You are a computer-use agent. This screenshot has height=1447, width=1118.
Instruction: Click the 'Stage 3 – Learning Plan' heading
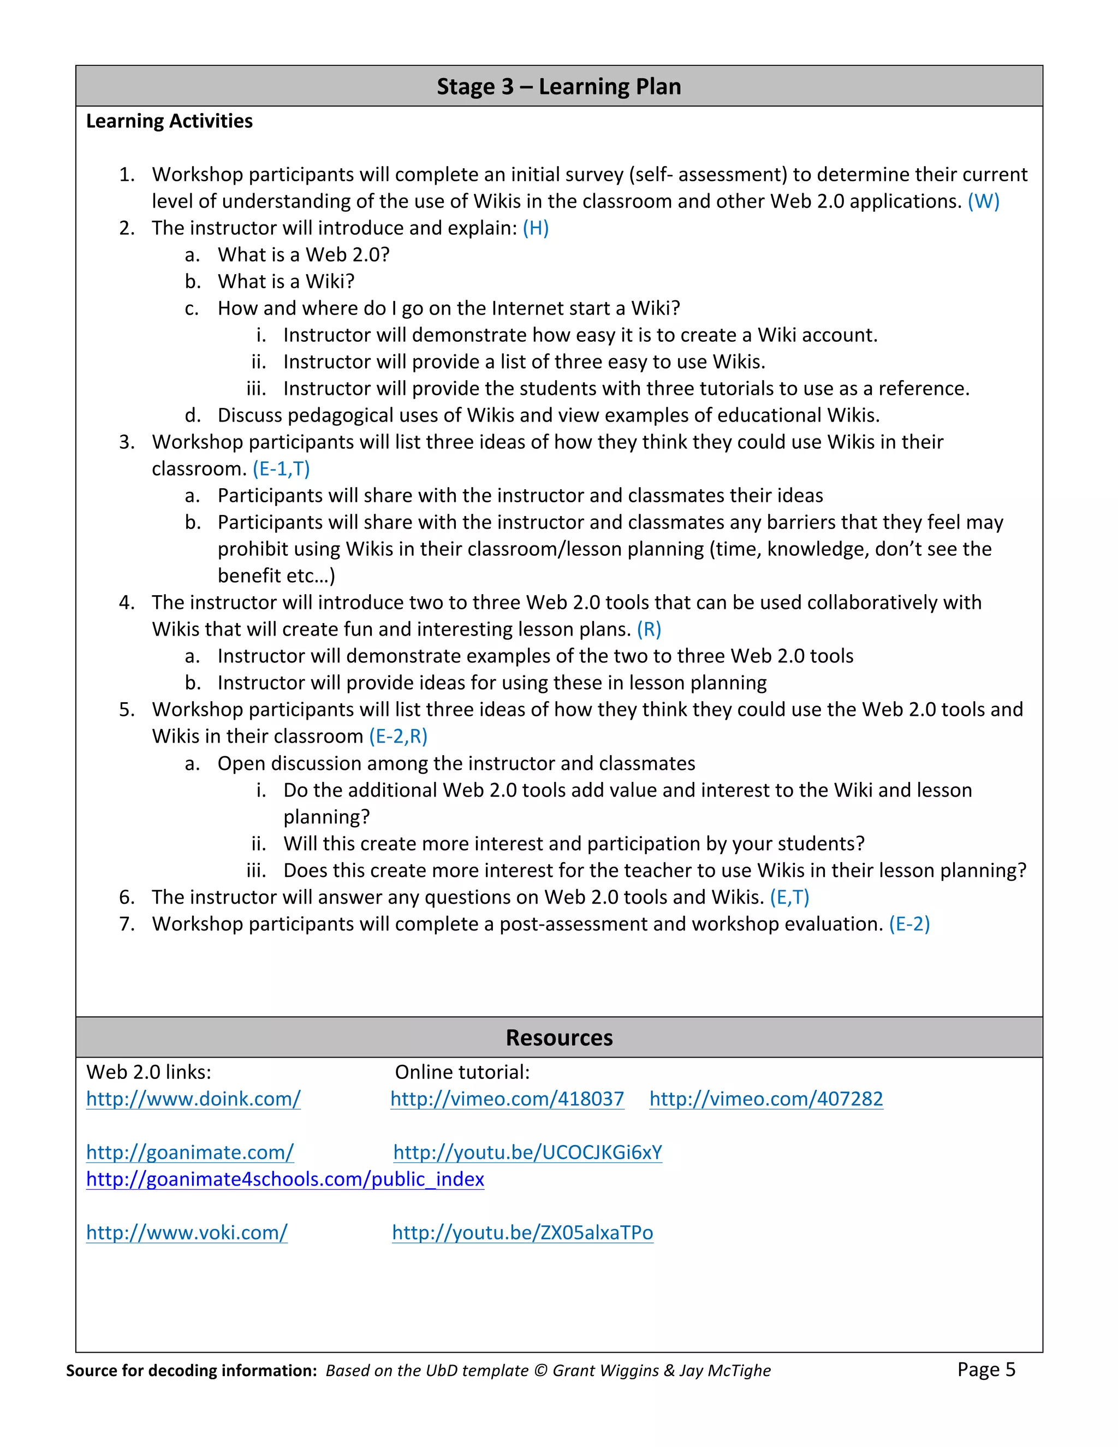558,87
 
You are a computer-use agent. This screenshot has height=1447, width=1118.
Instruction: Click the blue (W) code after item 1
984,201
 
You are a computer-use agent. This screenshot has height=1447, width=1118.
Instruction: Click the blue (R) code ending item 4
649,630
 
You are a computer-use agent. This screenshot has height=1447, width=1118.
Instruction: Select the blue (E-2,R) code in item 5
398,737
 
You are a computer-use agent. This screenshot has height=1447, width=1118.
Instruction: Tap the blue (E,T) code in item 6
789,897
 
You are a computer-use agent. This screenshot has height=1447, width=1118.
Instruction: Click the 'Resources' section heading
558,1037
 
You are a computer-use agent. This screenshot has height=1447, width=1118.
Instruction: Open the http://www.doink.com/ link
193,1099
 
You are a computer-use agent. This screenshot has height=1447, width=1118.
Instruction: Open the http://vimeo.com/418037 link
507,1099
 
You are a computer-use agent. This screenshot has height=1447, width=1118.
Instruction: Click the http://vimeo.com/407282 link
766,1099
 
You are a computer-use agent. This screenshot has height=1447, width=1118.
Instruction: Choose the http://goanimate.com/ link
189,1153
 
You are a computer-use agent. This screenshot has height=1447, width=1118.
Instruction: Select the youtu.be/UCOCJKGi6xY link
527,1153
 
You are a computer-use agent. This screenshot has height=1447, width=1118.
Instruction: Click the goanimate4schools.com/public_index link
285,1179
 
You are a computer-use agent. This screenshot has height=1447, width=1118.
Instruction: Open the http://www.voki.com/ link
187,1233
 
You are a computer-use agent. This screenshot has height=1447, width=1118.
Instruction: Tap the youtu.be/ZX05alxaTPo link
522,1233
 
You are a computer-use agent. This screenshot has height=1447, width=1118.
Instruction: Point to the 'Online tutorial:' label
462,1072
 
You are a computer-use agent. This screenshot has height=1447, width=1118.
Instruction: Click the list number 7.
127,924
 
